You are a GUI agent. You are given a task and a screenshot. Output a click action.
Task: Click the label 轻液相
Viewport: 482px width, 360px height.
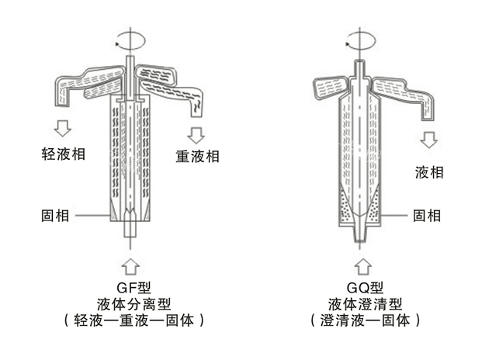(64, 154)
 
